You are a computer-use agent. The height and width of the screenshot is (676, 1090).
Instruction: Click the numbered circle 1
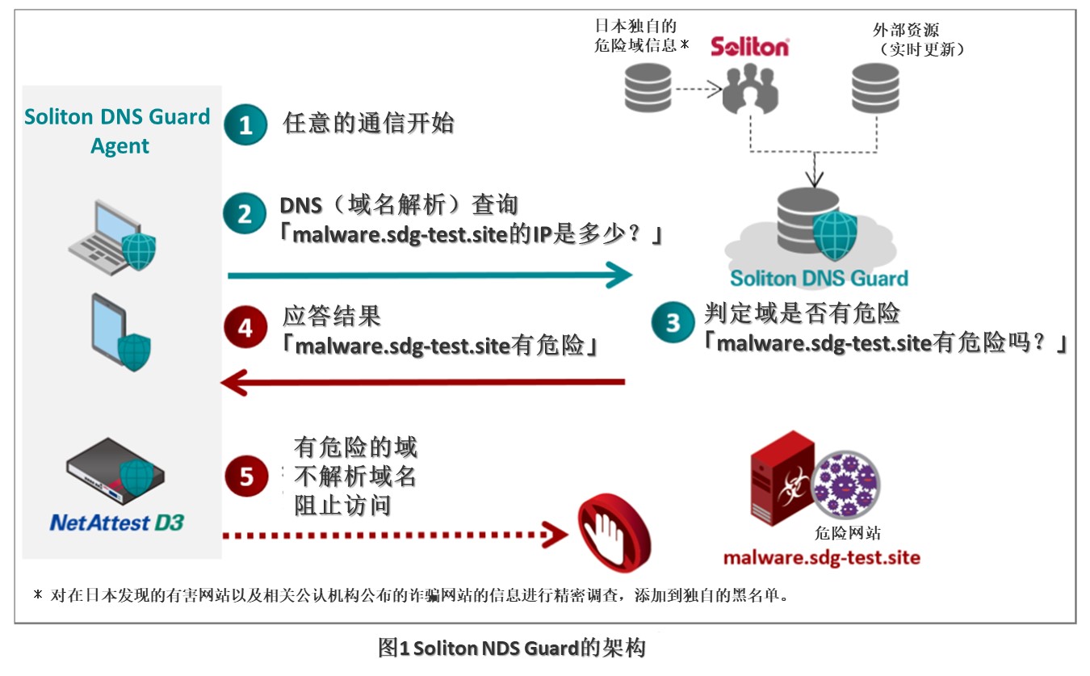pyautogui.click(x=245, y=124)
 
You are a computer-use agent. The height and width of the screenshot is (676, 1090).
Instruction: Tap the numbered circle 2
pyautogui.click(x=245, y=212)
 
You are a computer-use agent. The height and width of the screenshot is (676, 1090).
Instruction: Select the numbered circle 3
pyautogui.click(x=673, y=322)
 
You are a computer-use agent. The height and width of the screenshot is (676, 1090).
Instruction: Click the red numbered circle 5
pyautogui.click(x=246, y=476)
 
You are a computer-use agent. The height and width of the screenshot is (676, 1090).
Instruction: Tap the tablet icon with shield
pyautogui.click(x=118, y=331)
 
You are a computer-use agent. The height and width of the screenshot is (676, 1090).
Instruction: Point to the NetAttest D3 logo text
pyautogui.click(x=117, y=523)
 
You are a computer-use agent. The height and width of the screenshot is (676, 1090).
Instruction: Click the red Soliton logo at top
pyautogui.click(x=749, y=46)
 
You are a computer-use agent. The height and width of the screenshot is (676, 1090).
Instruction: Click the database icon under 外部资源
pyautogui.click(x=876, y=90)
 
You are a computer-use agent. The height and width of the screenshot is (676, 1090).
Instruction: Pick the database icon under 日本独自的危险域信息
pyautogui.click(x=648, y=88)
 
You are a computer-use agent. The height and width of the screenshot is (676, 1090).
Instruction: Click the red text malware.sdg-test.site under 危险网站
pyautogui.click(x=821, y=558)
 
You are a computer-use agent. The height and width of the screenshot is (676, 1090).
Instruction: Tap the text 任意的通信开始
pyautogui.click(x=369, y=124)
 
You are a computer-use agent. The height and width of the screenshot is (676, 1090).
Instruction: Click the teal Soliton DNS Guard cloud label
pyautogui.click(x=819, y=279)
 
